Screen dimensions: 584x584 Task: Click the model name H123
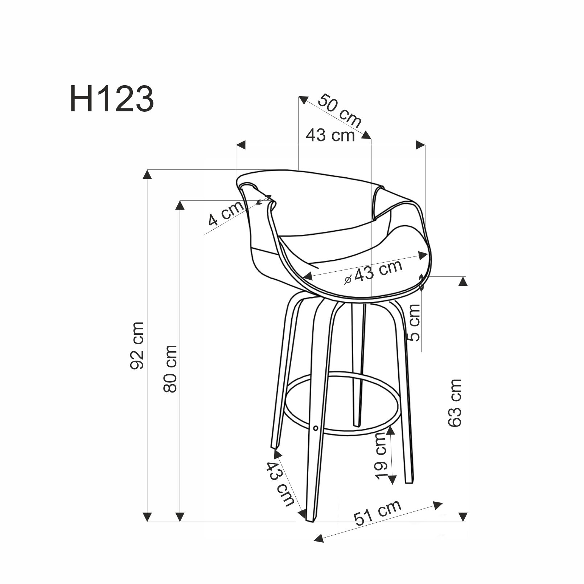point(112,99)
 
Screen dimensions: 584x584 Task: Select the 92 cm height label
point(137,345)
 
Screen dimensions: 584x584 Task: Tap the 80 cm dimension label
point(170,369)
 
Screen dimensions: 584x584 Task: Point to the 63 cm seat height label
point(455,403)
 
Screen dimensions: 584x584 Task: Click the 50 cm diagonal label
point(340,111)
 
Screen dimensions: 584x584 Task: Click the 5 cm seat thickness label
point(414,323)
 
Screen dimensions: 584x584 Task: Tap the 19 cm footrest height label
point(381,456)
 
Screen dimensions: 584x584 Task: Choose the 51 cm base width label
point(378,513)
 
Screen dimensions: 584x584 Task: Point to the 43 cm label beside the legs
point(280,484)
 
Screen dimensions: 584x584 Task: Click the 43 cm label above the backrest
point(330,135)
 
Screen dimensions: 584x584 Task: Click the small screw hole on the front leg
point(315,428)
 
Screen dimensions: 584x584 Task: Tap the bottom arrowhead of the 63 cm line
point(462,517)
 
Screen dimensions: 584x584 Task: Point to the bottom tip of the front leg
point(310,521)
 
